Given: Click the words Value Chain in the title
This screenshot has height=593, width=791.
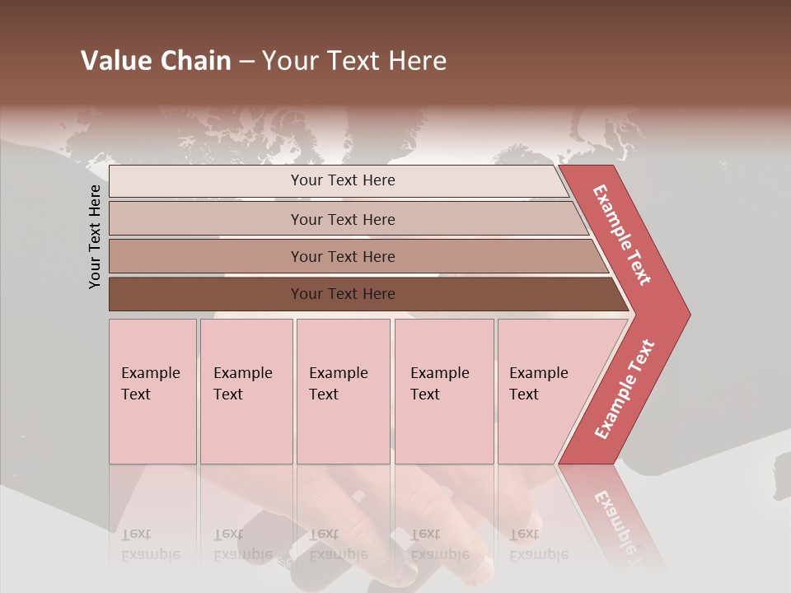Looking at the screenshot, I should point(156,61).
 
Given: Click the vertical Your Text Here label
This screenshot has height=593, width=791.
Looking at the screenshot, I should point(95,236).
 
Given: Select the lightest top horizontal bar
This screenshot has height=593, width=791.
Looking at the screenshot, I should point(247,181).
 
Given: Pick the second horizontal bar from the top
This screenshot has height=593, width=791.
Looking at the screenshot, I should point(247,219).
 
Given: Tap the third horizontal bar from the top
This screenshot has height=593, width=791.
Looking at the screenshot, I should point(247,256).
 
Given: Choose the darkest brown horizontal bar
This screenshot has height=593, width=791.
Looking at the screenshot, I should point(247,294).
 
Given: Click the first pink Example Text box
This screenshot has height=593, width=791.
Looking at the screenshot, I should point(152,391).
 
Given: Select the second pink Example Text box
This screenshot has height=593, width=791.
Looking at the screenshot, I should point(246,391).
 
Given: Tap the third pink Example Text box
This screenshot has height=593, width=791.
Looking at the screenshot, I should point(343,391).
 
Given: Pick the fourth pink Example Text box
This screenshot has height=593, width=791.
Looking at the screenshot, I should point(444,391).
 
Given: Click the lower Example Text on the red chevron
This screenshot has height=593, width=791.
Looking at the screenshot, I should point(625,390).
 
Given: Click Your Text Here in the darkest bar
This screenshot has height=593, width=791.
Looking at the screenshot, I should point(343,294).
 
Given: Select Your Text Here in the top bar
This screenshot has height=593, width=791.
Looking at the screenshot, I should point(343,180).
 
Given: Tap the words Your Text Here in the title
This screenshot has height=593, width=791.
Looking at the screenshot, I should point(354,61).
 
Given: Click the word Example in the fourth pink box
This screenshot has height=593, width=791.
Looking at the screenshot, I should point(439,373).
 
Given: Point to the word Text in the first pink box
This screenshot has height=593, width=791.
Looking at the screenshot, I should point(136,395).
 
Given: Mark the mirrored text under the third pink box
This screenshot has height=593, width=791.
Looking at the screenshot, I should point(339,544).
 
